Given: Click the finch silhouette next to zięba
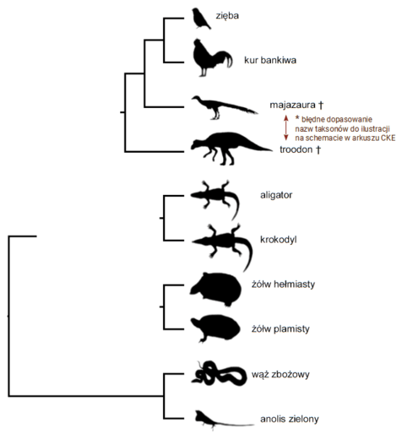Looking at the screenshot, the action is [x=200, y=19].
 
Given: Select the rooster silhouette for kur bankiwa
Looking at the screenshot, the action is [x=209, y=58].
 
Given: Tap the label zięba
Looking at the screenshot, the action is [x=227, y=16].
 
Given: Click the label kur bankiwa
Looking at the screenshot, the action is [x=270, y=60].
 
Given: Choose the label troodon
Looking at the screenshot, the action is [x=296, y=149].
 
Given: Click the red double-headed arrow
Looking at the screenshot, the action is [x=286, y=127].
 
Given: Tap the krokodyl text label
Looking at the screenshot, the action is [x=278, y=240].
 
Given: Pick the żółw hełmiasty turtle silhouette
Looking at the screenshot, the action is [x=215, y=289].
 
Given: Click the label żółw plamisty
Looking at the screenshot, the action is [x=280, y=328].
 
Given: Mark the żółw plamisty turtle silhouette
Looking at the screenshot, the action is [x=215, y=328].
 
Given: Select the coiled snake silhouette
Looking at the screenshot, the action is [x=220, y=373].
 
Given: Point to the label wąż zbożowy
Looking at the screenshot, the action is [x=280, y=374].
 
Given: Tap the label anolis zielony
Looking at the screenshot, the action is [x=290, y=419].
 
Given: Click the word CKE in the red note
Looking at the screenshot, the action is [x=388, y=138].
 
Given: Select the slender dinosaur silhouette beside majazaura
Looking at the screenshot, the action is [x=222, y=106].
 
